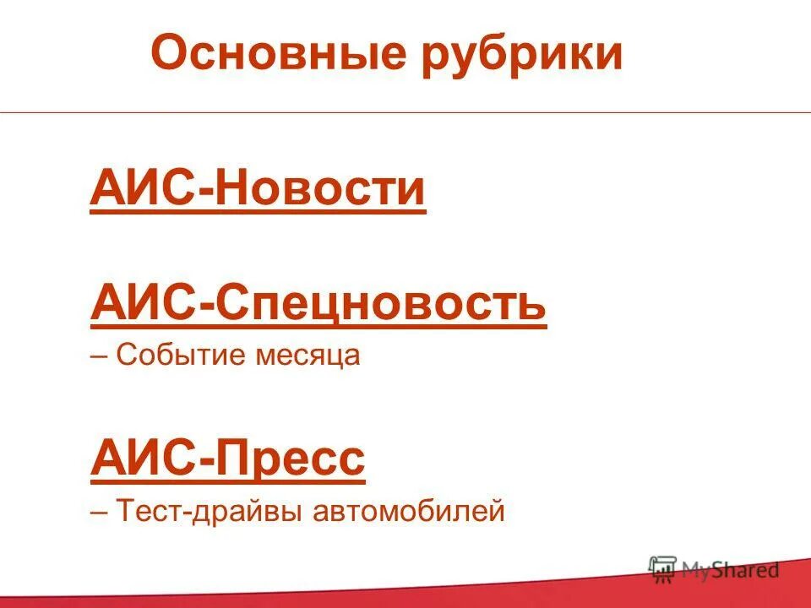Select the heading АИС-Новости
(x=258, y=188)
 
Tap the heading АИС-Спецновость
(x=318, y=303)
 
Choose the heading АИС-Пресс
(x=227, y=459)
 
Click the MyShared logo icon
(x=663, y=568)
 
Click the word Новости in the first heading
(x=320, y=188)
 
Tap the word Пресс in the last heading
(x=291, y=459)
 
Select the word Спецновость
(x=380, y=303)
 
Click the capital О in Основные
(x=168, y=53)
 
